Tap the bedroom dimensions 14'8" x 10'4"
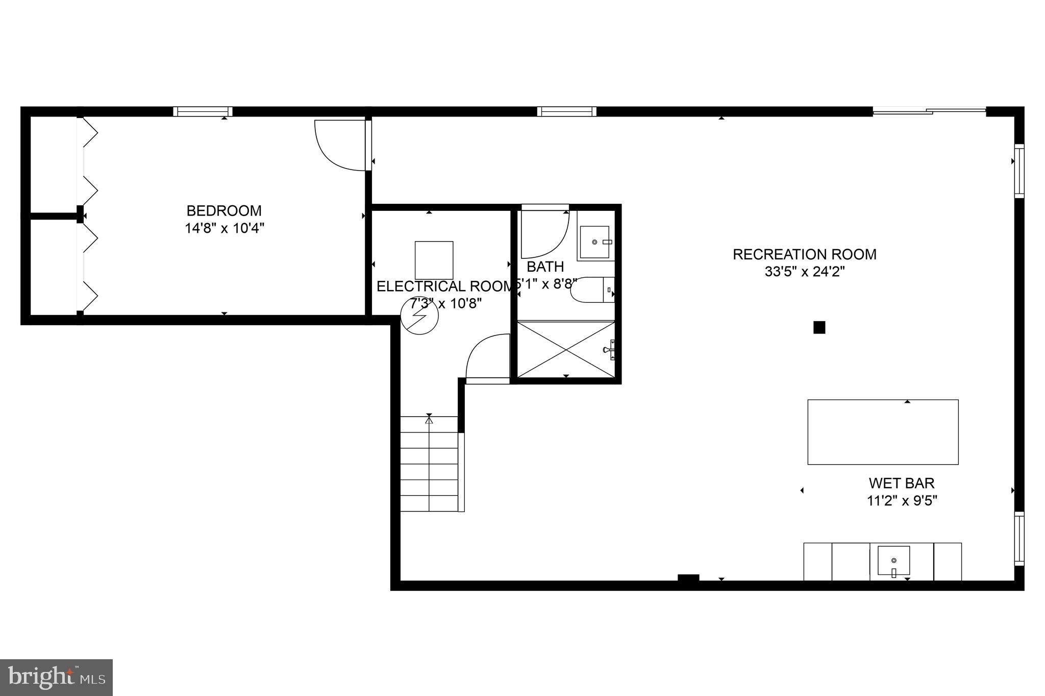point(224,228)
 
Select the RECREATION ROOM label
point(804,254)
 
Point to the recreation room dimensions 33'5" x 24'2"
point(804,272)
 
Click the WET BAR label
point(902,483)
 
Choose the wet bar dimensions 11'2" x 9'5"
point(902,500)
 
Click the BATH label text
point(545,267)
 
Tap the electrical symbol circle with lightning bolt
point(419,316)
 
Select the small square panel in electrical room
point(434,260)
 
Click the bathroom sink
point(595,242)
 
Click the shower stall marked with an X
point(565,349)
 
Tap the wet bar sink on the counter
point(893,561)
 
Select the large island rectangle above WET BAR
point(882,432)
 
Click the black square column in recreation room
point(819,327)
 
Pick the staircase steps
point(429,464)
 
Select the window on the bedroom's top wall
point(203,111)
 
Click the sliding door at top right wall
point(929,110)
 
